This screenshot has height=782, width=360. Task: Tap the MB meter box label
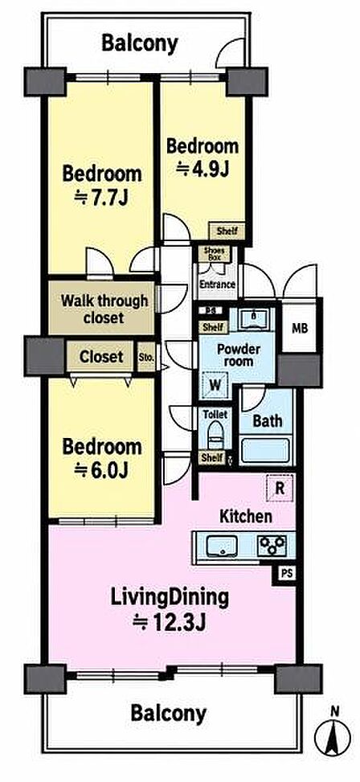coord(299,329)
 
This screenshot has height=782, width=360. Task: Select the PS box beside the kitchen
coord(285,574)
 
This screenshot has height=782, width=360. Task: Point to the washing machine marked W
coord(215,385)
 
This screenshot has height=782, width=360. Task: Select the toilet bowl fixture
coord(215,435)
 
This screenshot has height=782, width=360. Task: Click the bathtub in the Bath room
coord(265,449)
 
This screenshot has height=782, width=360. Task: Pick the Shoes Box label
coord(215,254)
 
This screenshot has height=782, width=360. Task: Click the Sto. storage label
coord(146,357)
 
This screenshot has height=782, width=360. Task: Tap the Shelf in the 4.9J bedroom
coord(227,231)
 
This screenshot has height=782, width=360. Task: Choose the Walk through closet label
coord(104,309)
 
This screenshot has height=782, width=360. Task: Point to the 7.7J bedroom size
coord(102,198)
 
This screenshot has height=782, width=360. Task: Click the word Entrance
coord(218,285)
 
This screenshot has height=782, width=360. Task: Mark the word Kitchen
coord(246,517)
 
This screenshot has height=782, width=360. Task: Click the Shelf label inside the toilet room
coord(212,457)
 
